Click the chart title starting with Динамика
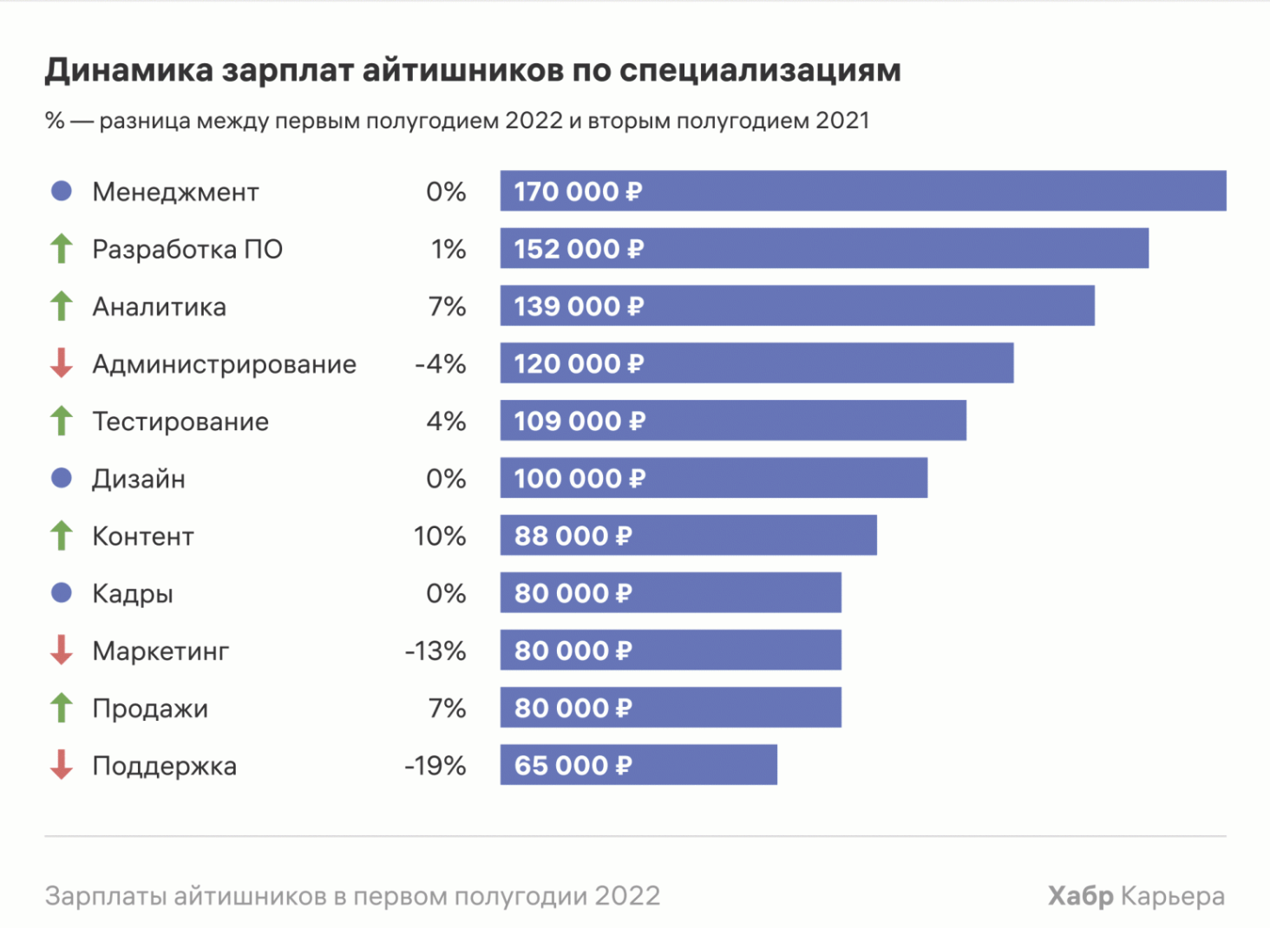point(473,70)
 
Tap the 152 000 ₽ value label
point(579,249)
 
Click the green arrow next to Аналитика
point(62,306)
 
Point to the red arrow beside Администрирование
point(62,363)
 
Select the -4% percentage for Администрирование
point(441,364)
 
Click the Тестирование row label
point(180,422)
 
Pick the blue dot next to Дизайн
point(62,478)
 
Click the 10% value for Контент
point(440,536)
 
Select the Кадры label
point(133,594)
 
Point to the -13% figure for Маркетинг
point(435,651)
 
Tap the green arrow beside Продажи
point(62,708)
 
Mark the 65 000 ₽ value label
point(573,766)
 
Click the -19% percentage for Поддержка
point(435,766)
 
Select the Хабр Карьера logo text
point(1136,896)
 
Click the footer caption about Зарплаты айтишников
point(352,896)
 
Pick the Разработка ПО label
point(187,250)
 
